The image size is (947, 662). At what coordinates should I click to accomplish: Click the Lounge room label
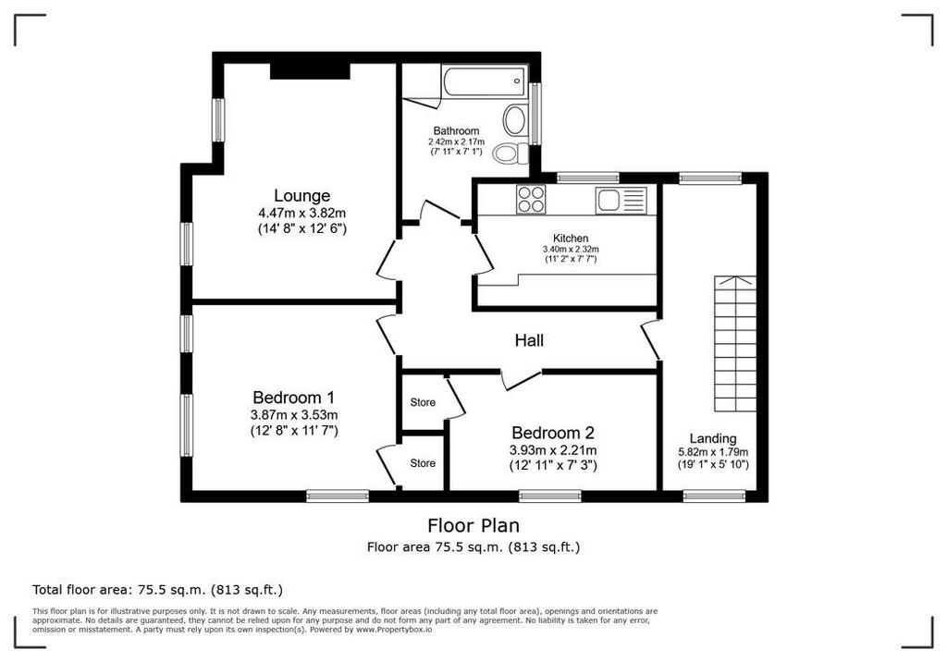click(302, 196)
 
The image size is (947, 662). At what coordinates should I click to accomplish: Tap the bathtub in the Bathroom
click(485, 81)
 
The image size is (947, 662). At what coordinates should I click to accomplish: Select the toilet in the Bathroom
click(510, 153)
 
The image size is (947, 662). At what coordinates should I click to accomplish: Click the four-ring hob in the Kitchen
click(531, 199)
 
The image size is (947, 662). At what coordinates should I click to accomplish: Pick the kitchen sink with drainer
click(621, 200)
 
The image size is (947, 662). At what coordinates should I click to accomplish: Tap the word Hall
click(529, 340)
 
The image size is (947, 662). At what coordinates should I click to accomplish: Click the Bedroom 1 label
click(293, 398)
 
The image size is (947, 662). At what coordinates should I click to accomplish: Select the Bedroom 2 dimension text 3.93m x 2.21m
click(553, 450)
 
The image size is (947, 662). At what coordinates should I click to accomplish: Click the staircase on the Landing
click(735, 344)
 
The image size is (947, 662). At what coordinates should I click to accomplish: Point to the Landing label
click(713, 438)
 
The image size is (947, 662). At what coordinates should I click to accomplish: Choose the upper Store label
click(423, 402)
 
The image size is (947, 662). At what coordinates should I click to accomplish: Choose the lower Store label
click(423, 463)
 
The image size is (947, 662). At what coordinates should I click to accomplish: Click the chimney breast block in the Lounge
click(310, 71)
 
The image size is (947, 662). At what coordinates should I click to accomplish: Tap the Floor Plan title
click(473, 525)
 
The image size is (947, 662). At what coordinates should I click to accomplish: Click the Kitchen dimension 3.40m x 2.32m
click(571, 249)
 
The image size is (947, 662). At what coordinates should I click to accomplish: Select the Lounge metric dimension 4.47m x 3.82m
click(302, 214)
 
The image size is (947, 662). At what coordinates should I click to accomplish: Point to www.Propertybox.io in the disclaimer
click(394, 630)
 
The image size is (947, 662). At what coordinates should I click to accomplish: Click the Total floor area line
click(157, 590)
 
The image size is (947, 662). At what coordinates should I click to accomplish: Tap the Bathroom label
click(457, 130)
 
